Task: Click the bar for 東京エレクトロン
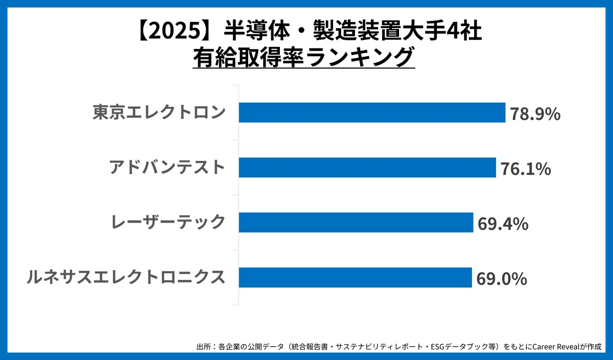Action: (x=372, y=112)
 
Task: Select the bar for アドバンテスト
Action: (x=367, y=167)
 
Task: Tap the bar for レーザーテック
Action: (x=356, y=223)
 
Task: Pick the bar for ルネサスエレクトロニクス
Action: (x=355, y=278)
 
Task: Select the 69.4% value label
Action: (x=503, y=224)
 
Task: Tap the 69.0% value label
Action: (x=501, y=279)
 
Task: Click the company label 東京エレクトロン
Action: (x=159, y=112)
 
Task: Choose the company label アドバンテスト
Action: (x=167, y=167)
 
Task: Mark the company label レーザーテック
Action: (x=168, y=223)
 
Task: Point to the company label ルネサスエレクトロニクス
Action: (x=126, y=278)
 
